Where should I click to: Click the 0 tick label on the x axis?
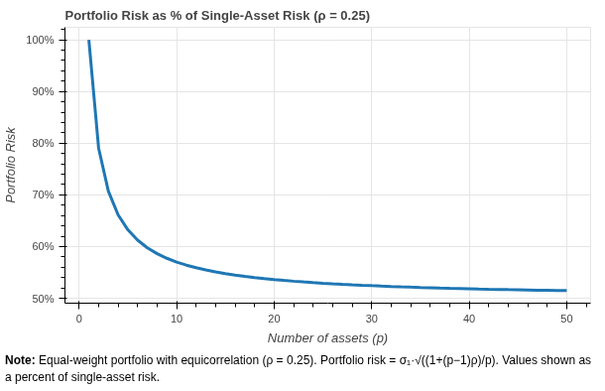click(79, 318)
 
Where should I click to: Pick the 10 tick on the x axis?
click(177, 318)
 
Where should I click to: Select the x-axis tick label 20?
click(274, 318)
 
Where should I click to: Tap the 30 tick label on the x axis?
click(371, 318)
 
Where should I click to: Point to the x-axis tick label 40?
click(468, 318)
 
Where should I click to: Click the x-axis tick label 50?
click(565, 318)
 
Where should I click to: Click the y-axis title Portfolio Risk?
click(12, 165)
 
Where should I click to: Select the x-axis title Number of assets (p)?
click(327, 337)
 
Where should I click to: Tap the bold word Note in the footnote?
click(20, 360)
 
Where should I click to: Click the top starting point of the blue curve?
click(88, 41)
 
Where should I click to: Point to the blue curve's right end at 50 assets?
click(565, 291)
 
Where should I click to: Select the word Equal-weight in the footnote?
click(71, 360)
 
